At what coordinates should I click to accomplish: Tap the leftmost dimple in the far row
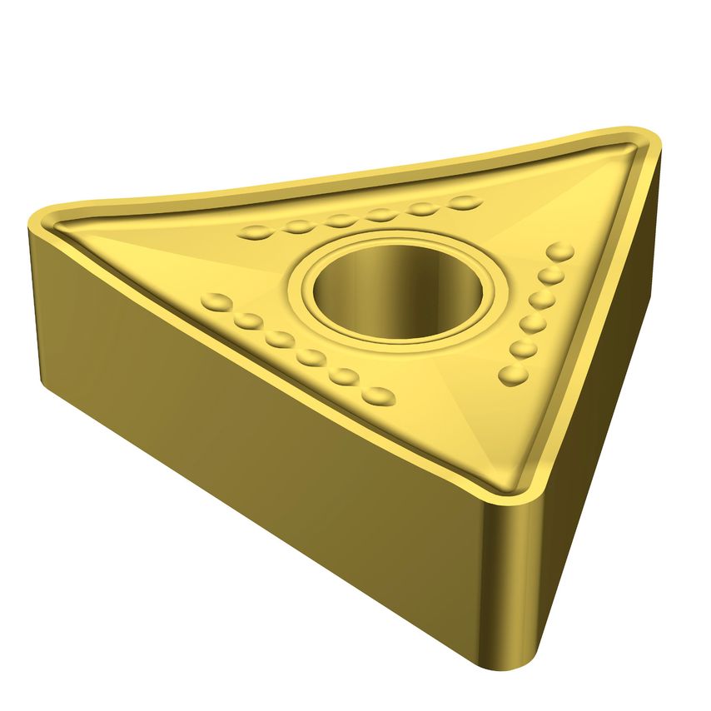coord(256,232)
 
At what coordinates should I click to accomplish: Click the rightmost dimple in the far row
coord(465,202)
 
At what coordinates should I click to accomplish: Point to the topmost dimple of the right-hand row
coord(560,251)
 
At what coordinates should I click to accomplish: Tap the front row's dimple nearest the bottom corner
coord(380,395)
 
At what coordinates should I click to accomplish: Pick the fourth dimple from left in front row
coord(311,358)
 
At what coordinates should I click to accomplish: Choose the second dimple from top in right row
coord(551,275)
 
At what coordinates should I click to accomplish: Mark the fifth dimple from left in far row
coord(424,208)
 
